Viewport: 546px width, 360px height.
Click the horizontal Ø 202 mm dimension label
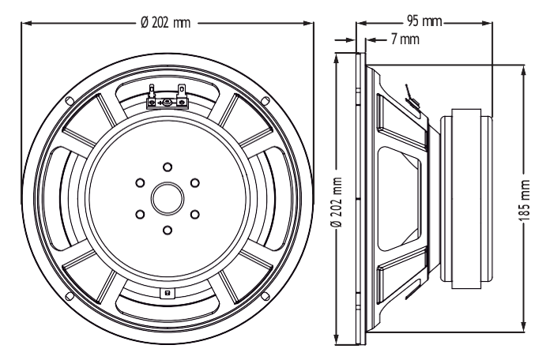[x=165, y=23]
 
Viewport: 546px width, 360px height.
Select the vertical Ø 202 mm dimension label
[x=337, y=202]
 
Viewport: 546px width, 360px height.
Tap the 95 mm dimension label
[x=424, y=21]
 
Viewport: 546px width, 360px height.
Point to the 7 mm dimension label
[x=405, y=39]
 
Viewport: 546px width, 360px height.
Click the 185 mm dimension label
[x=525, y=201]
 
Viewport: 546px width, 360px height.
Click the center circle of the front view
[x=168, y=199]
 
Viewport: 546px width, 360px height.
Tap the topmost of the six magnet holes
[x=168, y=167]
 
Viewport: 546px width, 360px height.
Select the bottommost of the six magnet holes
[x=168, y=231]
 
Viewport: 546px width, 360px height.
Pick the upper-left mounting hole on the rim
[x=70, y=100]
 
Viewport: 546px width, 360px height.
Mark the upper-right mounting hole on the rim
[x=265, y=100]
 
